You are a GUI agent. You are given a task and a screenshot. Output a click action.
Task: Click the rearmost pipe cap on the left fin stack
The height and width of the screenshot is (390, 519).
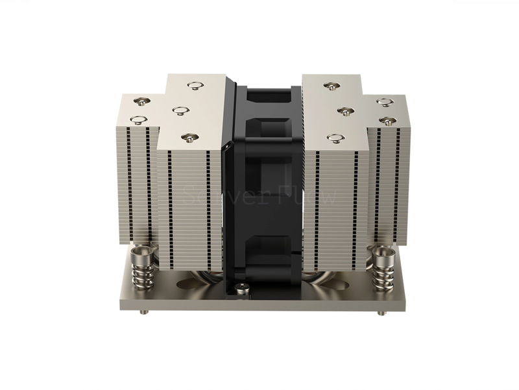194,84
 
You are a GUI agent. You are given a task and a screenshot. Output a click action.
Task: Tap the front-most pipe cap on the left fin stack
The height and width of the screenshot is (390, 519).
188,137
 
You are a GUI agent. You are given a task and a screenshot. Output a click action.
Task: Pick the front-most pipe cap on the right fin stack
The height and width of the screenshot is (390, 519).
334,138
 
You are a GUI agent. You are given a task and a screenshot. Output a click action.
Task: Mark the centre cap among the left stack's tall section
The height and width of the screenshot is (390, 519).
176,109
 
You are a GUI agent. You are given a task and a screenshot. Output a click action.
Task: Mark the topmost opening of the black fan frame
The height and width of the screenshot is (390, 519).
262,98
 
